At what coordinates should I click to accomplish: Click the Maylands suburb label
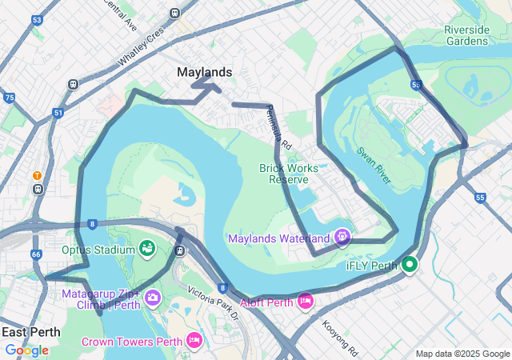tap(204, 72)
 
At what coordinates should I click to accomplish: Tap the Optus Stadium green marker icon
tap(146, 249)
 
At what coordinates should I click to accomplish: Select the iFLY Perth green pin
tap(410, 264)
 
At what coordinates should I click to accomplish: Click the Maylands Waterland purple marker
tap(342, 237)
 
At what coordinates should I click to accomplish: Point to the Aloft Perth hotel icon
tap(305, 301)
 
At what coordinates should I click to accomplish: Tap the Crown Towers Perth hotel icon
tap(194, 341)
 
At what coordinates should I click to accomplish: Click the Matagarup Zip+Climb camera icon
tap(153, 298)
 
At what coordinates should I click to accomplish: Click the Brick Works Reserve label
tap(289, 174)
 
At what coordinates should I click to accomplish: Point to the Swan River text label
tap(374, 166)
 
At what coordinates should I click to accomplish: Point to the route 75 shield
tap(9, 98)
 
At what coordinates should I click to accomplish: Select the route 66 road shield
tap(35, 254)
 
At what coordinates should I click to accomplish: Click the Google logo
tap(26, 350)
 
